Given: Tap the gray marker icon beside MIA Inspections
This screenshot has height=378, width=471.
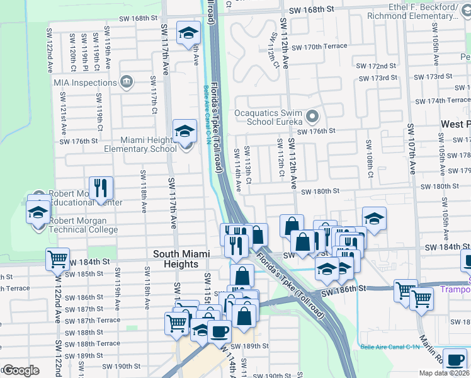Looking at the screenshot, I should [127, 82].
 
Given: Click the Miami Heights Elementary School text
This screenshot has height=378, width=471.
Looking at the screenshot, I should [140, 144].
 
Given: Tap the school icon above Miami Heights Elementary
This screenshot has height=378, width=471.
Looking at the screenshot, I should [184, 131].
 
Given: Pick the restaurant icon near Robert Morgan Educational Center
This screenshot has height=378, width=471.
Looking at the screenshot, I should [101, 188].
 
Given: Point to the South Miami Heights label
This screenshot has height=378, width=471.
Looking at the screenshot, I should [176, 259].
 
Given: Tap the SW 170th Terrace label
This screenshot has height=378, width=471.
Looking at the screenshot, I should [325, 47].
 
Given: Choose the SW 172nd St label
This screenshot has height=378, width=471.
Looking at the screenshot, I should [377, 66].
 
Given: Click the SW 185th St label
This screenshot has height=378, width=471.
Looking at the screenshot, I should [87, 274].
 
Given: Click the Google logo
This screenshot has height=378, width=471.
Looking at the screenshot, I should [21, 370].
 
